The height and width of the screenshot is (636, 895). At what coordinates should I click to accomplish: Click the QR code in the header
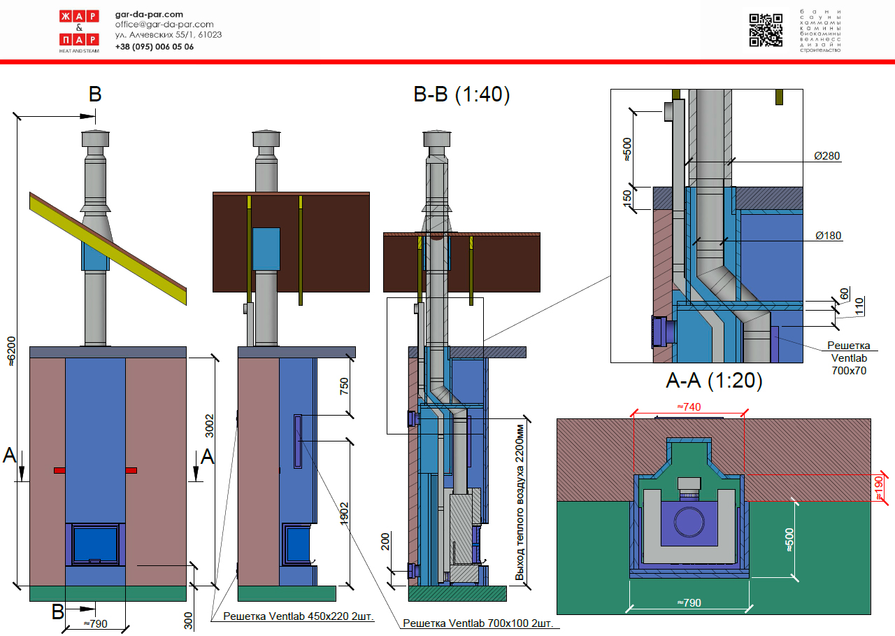tap(766, 30)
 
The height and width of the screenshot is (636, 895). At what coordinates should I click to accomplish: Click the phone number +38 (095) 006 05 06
tap(155, 47)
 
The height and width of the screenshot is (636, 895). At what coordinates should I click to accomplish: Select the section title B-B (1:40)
tap(461, 94)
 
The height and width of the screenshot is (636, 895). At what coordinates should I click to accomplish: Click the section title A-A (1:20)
tap(713, 381)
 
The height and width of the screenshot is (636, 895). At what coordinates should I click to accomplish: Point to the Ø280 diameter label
tap(827, 155)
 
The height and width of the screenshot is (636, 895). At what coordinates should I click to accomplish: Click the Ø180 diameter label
tap(829, 236)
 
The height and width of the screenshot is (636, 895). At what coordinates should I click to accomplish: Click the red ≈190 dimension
tap(880, 487)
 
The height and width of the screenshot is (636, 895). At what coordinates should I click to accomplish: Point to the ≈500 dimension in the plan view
tap(789, 539)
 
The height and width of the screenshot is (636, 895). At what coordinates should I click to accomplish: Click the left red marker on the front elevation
tap(60, 470)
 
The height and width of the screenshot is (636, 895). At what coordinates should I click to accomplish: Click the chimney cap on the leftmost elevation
tap(95, 139)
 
